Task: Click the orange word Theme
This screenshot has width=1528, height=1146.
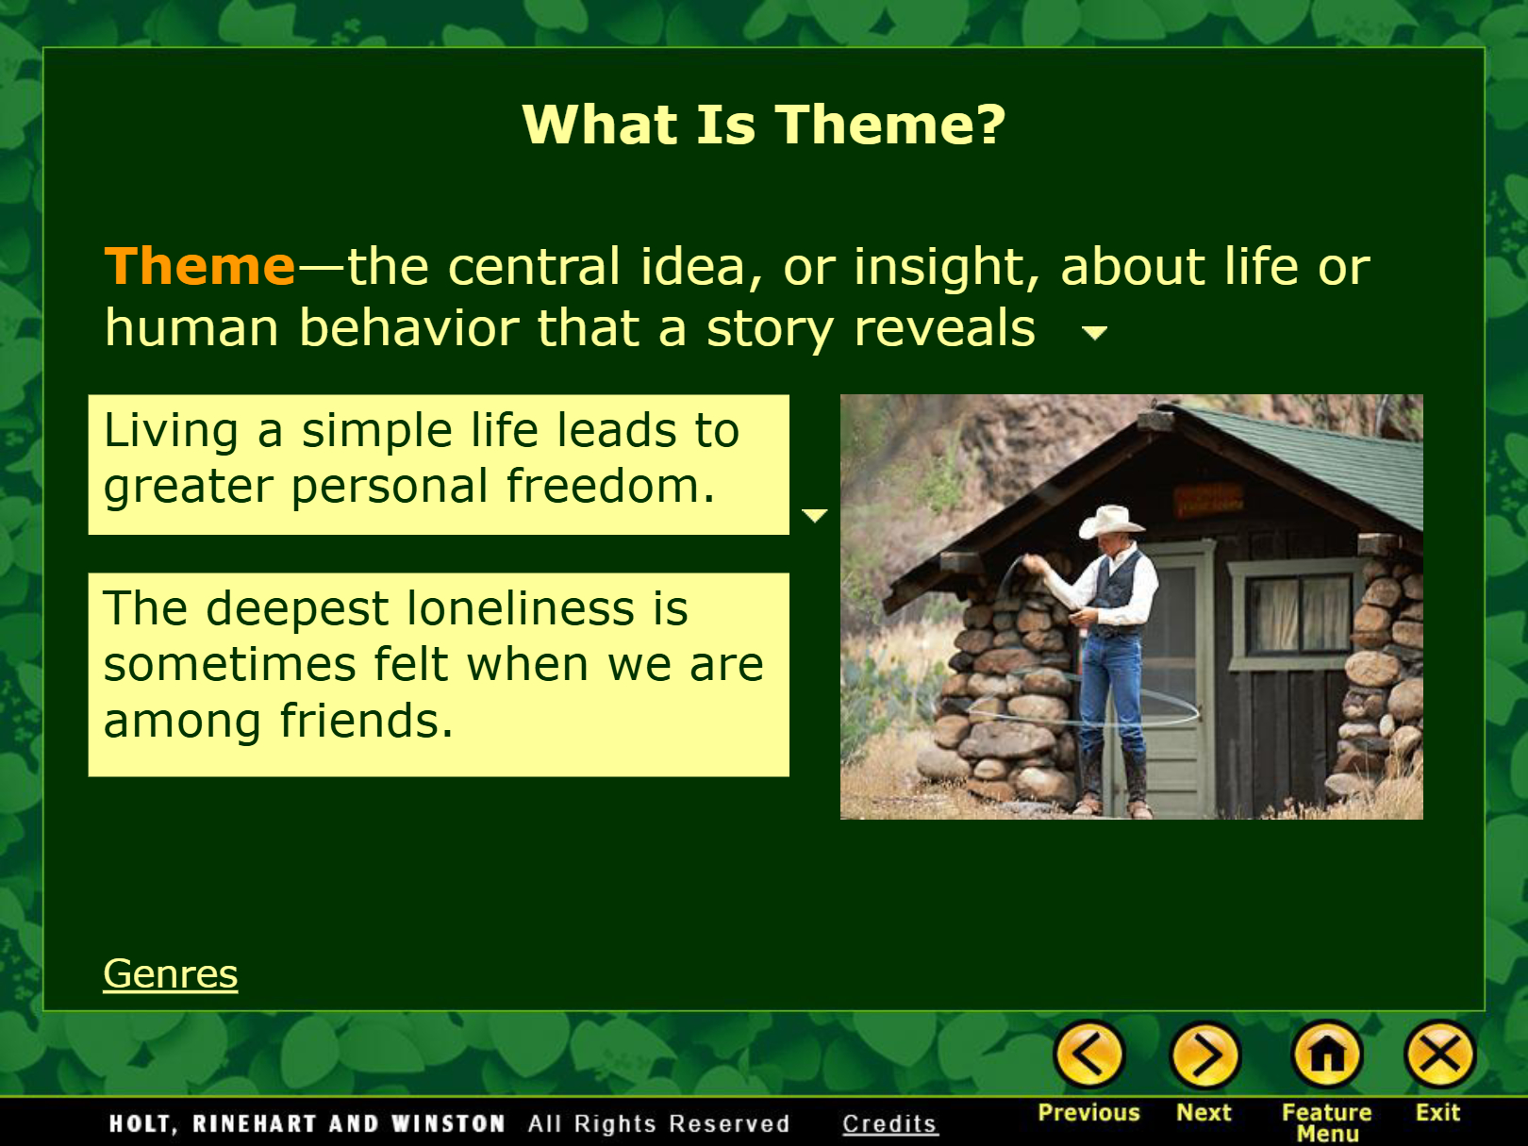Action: point(200,266)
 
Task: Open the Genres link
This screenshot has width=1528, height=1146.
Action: point(171,973)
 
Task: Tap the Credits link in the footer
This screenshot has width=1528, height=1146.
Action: point(889,1123)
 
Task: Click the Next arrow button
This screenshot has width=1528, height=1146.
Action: point(1205,1055)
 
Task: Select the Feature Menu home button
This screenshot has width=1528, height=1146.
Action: point(1327,1055)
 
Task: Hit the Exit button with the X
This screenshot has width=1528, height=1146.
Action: point(1439,1055)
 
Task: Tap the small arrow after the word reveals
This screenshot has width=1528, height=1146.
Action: point(1095,333)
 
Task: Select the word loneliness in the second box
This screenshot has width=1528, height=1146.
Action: point(520,608)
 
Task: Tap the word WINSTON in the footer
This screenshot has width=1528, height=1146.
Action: point(448,1123)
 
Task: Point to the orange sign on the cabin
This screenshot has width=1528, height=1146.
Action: point(1209,499)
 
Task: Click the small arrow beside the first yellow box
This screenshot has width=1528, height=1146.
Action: point(815,516)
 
